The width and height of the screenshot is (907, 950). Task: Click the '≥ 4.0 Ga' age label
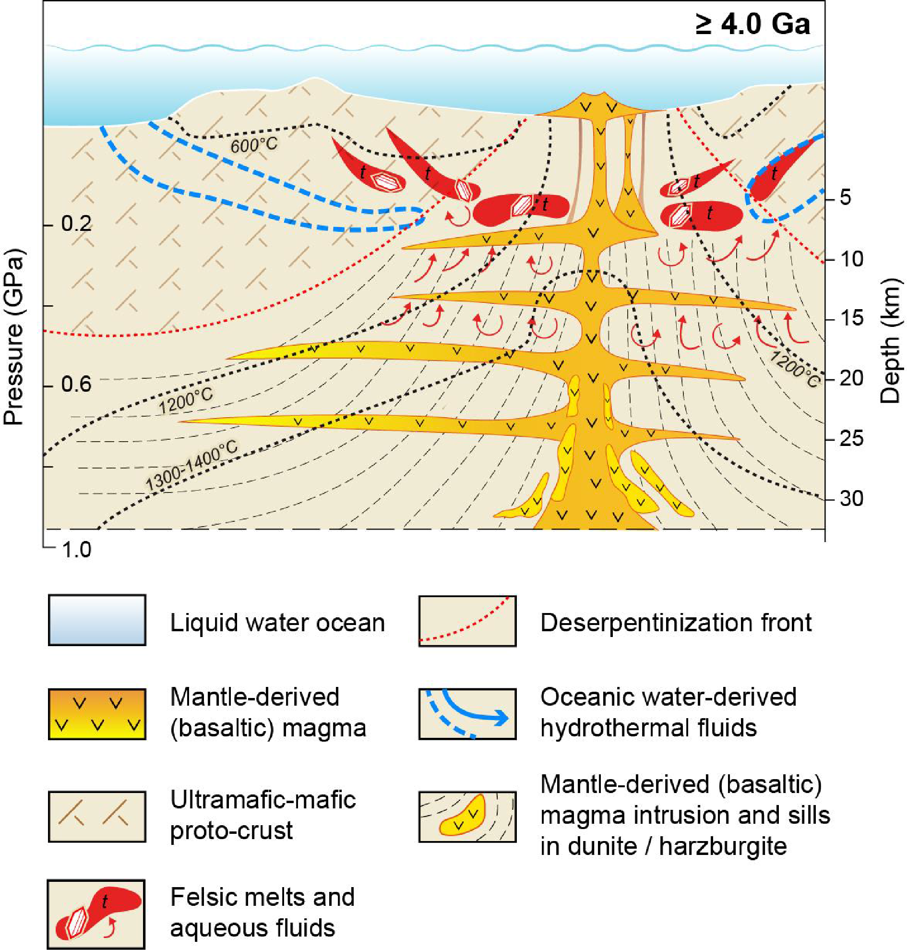(753, 24)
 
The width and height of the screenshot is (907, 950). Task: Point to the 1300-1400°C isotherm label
(191, 465)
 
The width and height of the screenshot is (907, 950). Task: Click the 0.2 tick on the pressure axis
(76, 224)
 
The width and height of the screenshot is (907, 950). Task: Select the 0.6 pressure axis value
(76, 384)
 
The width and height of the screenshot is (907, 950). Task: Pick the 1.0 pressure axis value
(76, 550)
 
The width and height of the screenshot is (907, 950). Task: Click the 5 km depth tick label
(845, 197)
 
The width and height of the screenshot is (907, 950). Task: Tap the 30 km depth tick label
(851, 498)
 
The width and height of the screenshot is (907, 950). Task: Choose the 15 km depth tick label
(851, 318)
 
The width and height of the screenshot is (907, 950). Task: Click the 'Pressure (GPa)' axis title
(13, 337)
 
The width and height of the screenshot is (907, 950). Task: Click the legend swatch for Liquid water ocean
(97, 620)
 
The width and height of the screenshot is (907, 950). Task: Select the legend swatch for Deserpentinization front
(467, 621)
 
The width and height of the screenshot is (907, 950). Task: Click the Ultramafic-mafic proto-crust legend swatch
(97, 817)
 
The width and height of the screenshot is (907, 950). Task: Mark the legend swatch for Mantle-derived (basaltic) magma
(97, 714)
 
